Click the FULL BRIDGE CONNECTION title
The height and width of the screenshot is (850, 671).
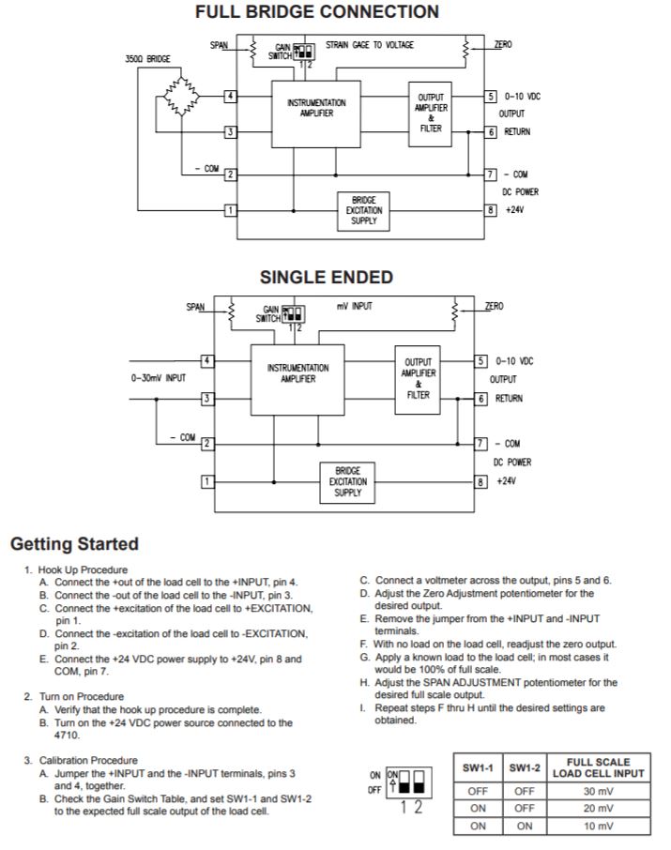click(316, 12)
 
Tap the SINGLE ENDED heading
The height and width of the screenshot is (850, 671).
click(326, 278)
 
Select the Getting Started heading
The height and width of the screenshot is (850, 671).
click(74, 544)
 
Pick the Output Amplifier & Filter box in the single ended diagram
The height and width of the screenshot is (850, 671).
click(418, 378)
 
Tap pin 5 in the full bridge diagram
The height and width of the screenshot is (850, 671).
click(490, 97)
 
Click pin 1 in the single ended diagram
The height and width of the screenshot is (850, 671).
click(208, 481)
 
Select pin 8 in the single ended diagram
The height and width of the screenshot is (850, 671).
click(481, 481)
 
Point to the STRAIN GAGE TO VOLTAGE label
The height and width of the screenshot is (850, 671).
click(369, 44)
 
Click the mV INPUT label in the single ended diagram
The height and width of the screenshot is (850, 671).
click(355, 306)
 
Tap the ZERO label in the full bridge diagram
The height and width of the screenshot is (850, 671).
click(503, 44)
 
